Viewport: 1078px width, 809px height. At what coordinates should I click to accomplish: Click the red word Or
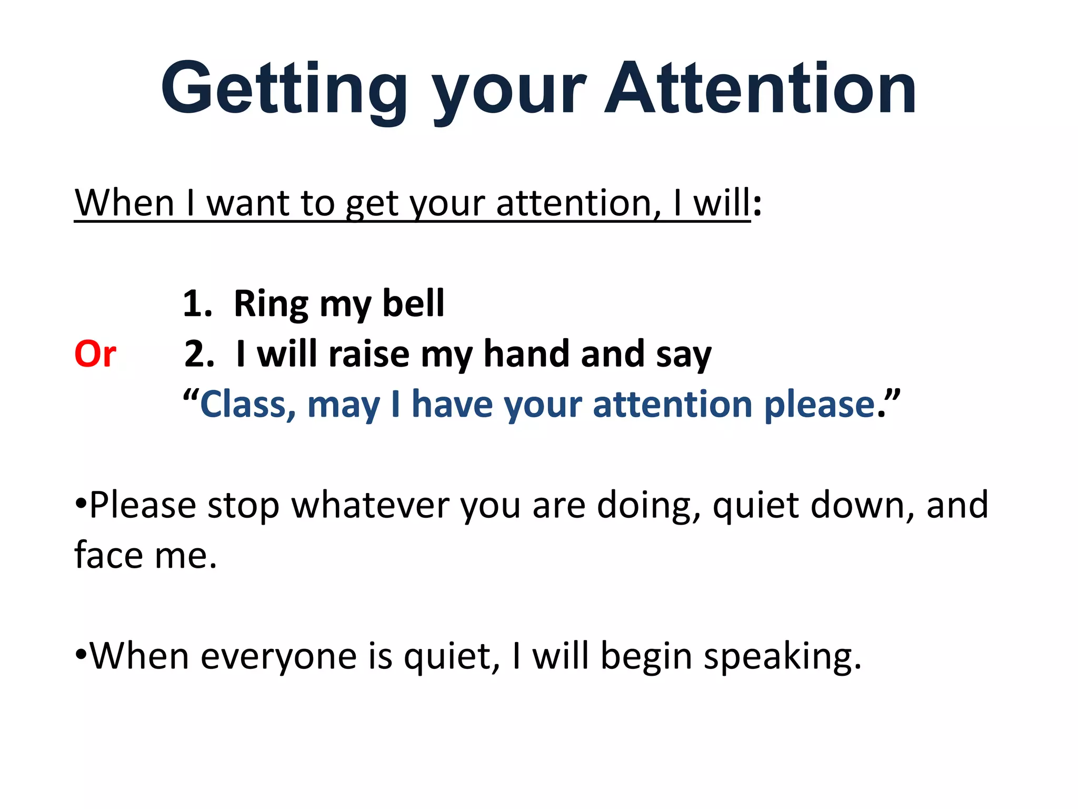(95, 354)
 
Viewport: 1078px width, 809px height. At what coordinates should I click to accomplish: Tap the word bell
(413, 304)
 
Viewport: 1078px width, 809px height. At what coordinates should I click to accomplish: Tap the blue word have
(452, 404)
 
